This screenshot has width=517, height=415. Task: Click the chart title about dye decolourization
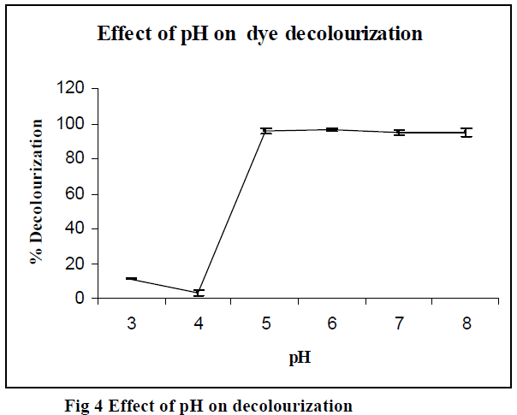pos(259,35)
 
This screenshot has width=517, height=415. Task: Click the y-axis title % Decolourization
pos(37,193)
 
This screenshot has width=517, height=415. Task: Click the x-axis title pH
pos(298,358)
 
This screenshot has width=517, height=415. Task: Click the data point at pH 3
pos(131,279)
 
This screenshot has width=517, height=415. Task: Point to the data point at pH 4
pos(199,293)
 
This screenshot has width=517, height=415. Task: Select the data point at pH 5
pos(265,131)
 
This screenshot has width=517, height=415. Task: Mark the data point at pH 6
pos(332,129)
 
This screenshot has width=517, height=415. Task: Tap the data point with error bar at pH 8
pos(466,133)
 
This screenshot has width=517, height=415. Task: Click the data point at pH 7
pos(399,133)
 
